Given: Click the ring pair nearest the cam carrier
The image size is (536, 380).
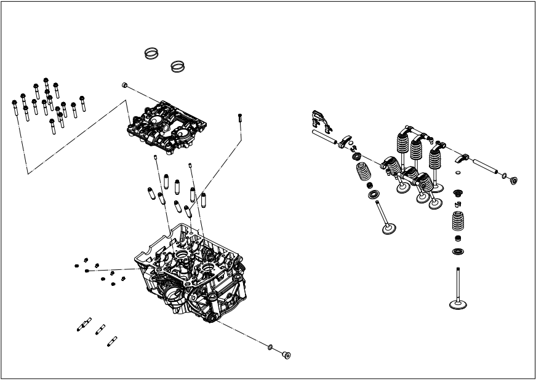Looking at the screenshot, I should (x=178, y=65).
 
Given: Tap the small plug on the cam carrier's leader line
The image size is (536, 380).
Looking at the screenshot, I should (x=124, y=85).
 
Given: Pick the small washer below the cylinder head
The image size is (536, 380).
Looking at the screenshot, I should (x=270, y=347).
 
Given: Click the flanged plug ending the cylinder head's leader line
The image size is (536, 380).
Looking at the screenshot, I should (x=286, y=354).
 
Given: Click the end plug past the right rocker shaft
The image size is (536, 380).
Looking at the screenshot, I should (x=513, y=180).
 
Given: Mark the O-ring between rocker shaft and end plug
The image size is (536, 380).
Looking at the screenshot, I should (x=504, y=176).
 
